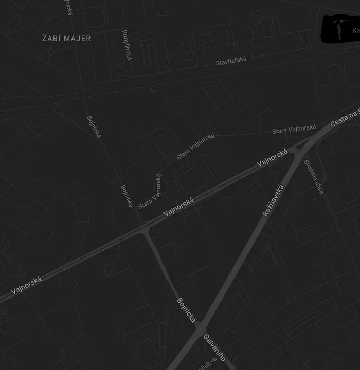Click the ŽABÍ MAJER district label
(66, 39)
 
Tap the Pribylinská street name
(127, 45)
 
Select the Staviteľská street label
(231, 61)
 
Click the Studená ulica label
(313, 177)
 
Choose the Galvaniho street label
(214, 347)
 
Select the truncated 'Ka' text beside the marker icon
(355, 31)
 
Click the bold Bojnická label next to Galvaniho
(187, 310)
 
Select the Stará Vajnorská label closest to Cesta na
(294, 129)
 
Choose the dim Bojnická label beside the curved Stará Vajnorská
(127, 196)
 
